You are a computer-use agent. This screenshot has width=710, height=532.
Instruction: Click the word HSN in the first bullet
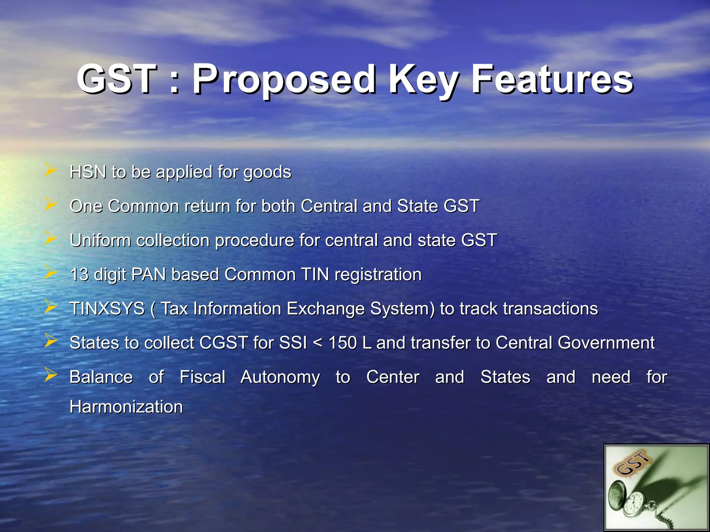tap(88, 172)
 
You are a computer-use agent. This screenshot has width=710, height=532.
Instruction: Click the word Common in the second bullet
tap(143, 206)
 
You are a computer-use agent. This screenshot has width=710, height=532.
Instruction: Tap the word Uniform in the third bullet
tap(100, 240)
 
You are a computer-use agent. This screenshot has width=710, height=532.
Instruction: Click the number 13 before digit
tap(79, 274)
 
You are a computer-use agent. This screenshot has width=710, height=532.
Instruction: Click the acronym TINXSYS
tap(107, 309)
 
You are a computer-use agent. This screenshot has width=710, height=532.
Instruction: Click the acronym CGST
tap(224, 343)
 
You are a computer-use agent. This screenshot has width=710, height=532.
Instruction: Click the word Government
tap(606, 343)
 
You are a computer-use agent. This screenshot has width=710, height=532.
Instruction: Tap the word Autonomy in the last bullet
tap(280, 377)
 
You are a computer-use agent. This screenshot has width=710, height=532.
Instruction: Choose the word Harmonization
tap(126, 407)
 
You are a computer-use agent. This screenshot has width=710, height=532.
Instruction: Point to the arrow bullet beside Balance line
tap(51, 375)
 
